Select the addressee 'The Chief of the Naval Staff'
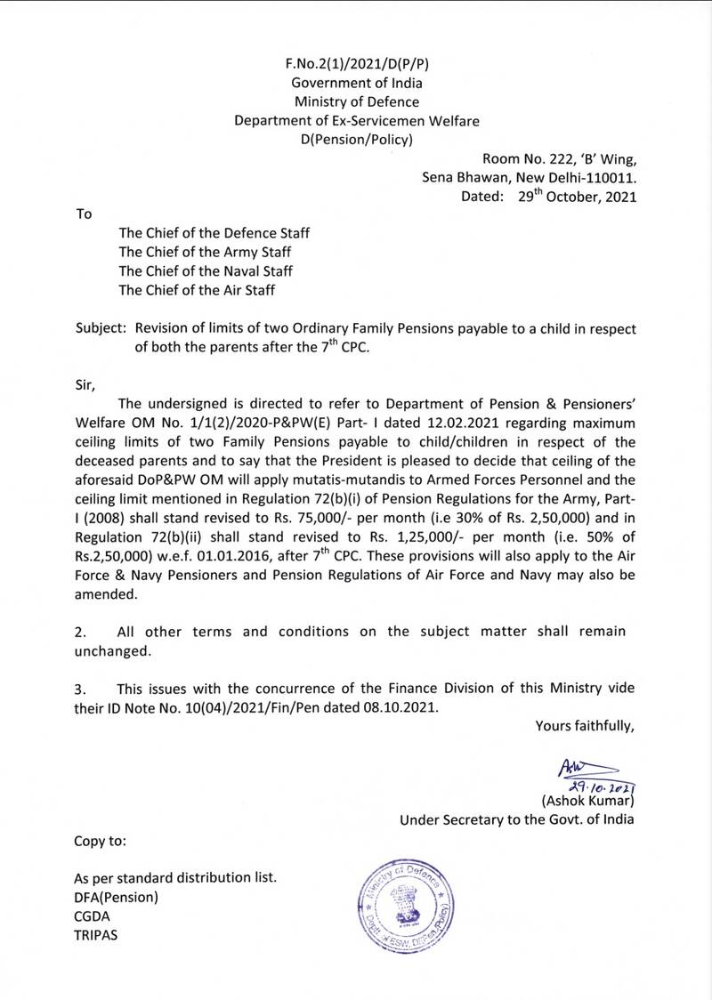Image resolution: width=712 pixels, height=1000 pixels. click(x=206, y=270)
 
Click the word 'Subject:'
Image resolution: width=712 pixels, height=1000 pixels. click(x=101, y=328)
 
